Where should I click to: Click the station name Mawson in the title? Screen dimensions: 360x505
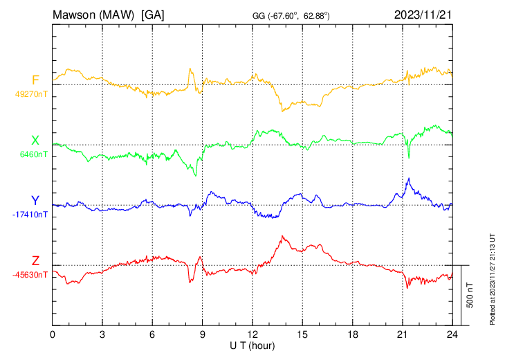point(77,15)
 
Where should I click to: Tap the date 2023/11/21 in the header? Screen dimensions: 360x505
point(423,15)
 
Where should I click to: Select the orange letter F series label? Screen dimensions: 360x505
point(35,80)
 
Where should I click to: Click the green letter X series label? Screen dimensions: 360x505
point(35,141)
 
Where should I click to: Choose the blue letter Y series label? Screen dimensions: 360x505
point(35,201)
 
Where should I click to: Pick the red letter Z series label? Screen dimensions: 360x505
point(35,261)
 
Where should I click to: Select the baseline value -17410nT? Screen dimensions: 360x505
point(29,215)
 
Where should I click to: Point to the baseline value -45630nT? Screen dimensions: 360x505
point(29,275)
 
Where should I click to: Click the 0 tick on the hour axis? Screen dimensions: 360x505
point(53,334)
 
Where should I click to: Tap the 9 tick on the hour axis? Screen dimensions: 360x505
point(203,334)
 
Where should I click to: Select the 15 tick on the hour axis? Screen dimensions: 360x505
point(302,334)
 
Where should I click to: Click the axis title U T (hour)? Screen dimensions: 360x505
point(252,345)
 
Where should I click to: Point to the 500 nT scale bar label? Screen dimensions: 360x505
point(470,295)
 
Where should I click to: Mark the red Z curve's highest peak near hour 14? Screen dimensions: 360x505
point(284,236)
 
